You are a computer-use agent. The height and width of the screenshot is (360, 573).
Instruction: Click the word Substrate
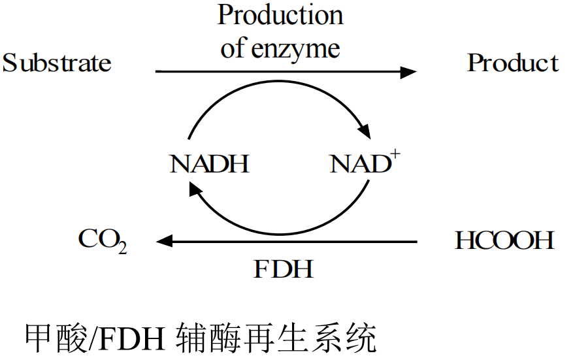tap(57, 63)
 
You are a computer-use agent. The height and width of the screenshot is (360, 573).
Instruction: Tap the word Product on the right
tap(513, 63)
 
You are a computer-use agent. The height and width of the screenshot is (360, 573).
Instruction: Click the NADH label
tap(210, 164)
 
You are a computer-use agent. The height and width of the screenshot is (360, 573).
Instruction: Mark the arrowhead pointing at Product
tap(408, 71)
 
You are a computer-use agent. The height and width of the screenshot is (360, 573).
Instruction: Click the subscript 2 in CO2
tap(122, 248)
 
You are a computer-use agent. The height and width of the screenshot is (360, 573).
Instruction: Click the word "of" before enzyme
tap(232, 48)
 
